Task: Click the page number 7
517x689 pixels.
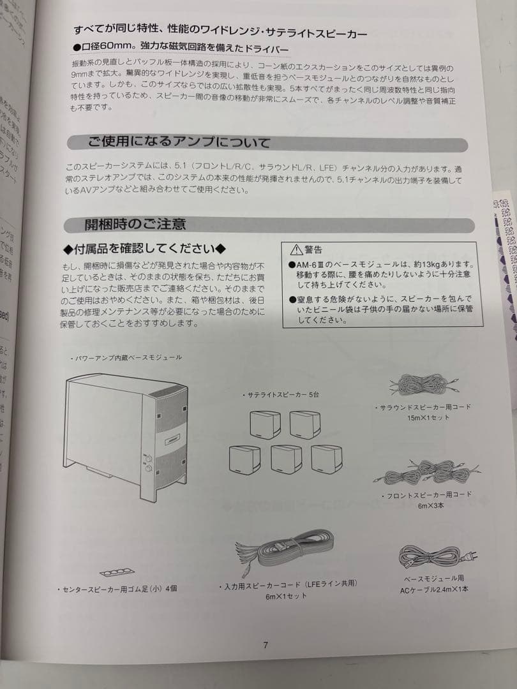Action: tap(266, 644)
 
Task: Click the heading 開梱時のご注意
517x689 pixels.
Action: tap(135, 224)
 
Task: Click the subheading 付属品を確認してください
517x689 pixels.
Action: tap(145, 248)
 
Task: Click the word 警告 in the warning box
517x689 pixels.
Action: tap(313, 249)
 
